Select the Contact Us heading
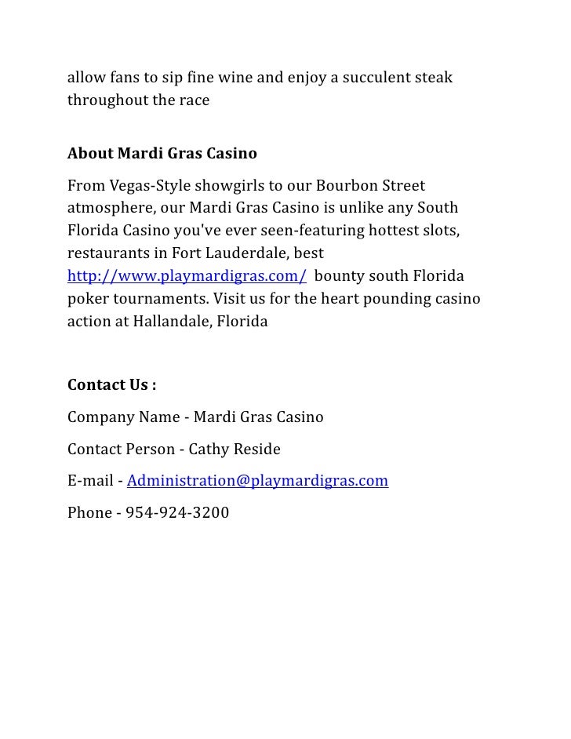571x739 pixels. pos(111,384)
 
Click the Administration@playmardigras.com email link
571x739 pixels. pos(257,480)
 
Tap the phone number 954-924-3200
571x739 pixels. pos(177,513)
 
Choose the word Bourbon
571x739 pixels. pos(347,187)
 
